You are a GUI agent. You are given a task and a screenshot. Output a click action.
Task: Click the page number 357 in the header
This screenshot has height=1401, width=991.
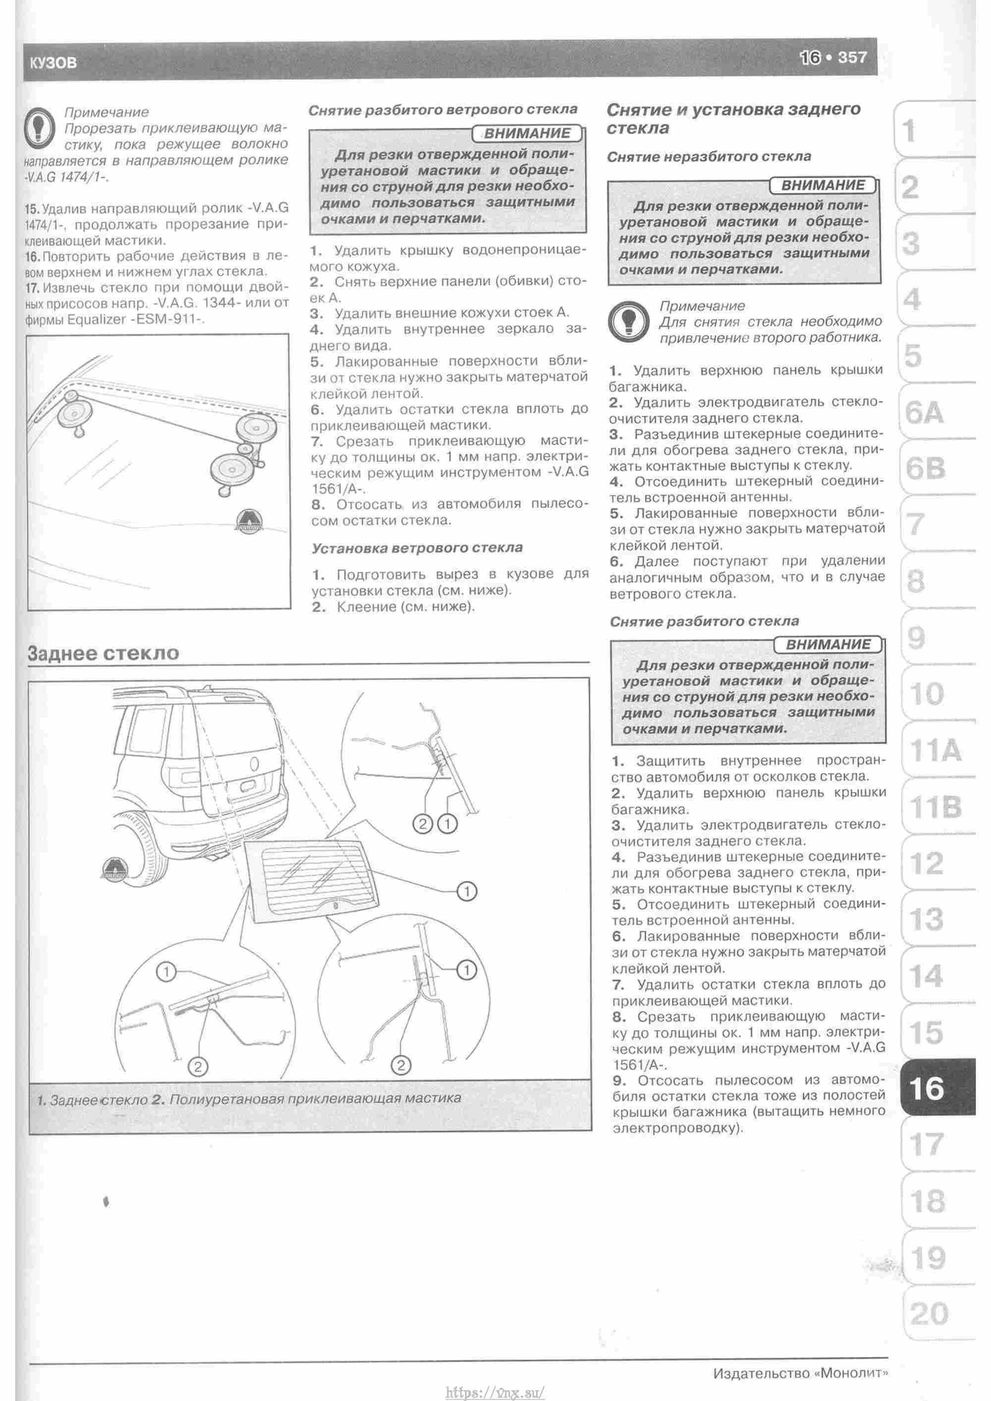pyautogui.click(x=852, y=57)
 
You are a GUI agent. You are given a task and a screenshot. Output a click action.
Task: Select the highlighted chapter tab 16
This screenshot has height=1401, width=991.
pyautogui.click(x=926, y=1088)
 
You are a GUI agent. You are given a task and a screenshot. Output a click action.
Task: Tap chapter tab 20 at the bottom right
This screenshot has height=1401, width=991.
pyautogui.click(x=929, y=1313)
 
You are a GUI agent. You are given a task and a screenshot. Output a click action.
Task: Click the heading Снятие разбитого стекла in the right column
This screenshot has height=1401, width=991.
pyautogui.click(x=704, y=621)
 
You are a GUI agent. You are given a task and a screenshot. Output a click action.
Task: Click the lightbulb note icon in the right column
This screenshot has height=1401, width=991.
pyautogui.click(x=628, y=321)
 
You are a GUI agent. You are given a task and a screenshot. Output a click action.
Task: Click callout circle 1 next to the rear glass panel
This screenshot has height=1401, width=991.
pyautogui.click(x=466, y=892)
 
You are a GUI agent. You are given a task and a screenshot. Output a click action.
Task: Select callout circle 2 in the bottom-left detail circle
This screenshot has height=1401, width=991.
pyautogui.click(x=198, y=1066)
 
